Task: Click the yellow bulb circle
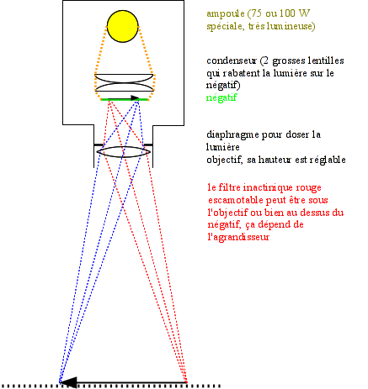(123, 26)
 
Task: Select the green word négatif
(221, 98)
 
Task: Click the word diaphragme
(232, 135)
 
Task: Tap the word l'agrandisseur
(238, 238)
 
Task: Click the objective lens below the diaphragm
(124, 152)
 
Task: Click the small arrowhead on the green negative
(136, 98)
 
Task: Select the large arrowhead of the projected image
(68, 382)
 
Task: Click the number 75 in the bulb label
(257, 13)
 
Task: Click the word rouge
(310, 188)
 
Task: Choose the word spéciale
(224, 27)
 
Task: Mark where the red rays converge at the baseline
(186, 381)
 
